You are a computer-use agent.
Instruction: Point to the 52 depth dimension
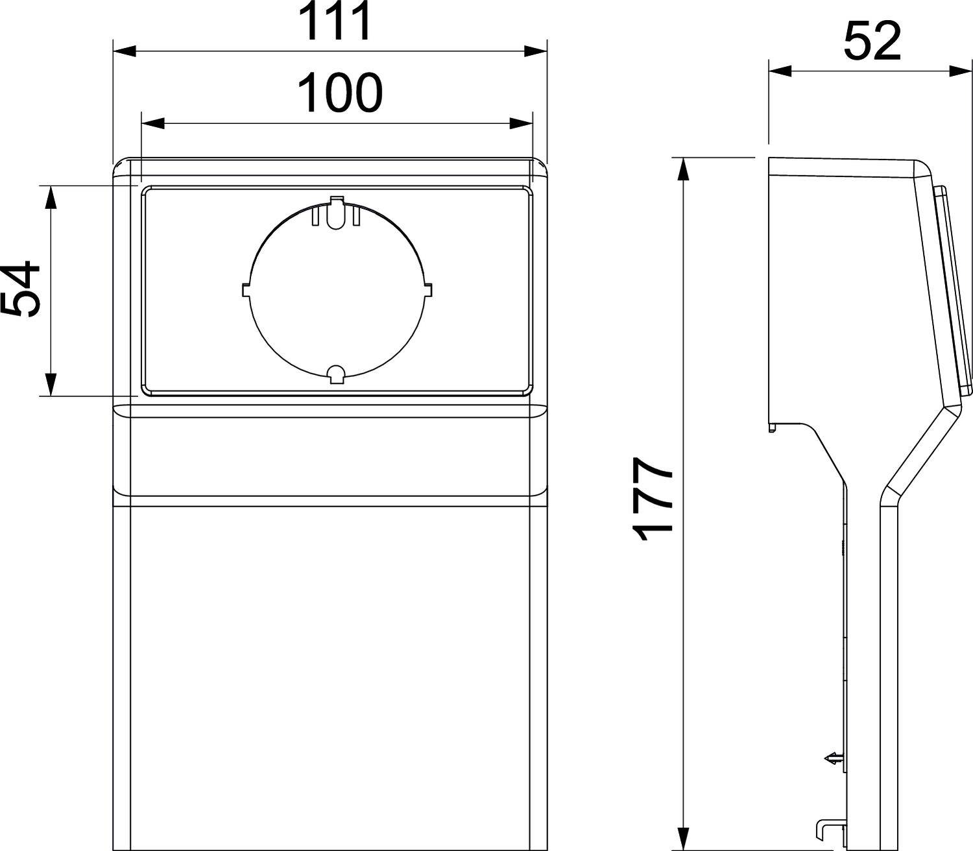pos(872,42)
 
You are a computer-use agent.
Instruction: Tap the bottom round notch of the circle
pos(336,374)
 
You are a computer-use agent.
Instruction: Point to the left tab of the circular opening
pos(246,290)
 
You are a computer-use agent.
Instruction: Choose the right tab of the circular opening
pos(427,290)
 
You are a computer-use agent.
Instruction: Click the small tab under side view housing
pos(772,427)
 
